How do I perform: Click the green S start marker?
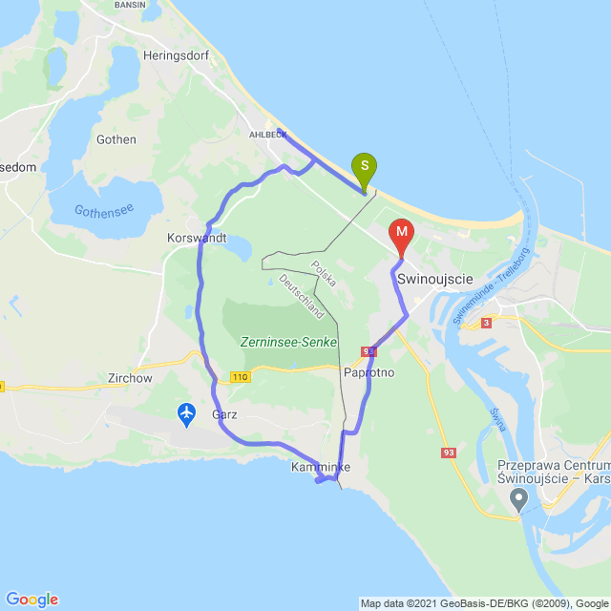[x=364, y=169]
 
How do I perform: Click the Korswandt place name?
[x=196, y=238]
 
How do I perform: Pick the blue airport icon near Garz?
[x=186, y=413]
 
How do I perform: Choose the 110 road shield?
[x=241, y=378]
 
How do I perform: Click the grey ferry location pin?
[x=518, y=497]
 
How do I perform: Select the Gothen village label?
[x=116, y=139]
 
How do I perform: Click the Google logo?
[x=32, y=600]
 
